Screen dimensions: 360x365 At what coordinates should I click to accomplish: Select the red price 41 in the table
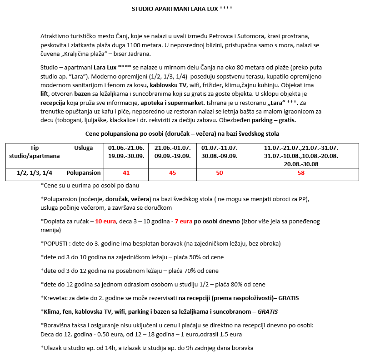pos(126,173)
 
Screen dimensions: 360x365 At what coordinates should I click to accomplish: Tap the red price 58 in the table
pos(300,173)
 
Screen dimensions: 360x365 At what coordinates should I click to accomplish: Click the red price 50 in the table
pos(220,173)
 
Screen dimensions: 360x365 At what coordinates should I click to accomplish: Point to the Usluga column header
pos(83,148)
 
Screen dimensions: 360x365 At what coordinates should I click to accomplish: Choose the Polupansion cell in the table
pos(83,173)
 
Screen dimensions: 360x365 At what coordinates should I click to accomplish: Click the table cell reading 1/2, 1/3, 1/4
pos(35,173)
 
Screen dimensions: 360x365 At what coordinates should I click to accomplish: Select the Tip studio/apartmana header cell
pos(35,152)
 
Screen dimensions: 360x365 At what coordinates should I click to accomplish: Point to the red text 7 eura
pos(184,221)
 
